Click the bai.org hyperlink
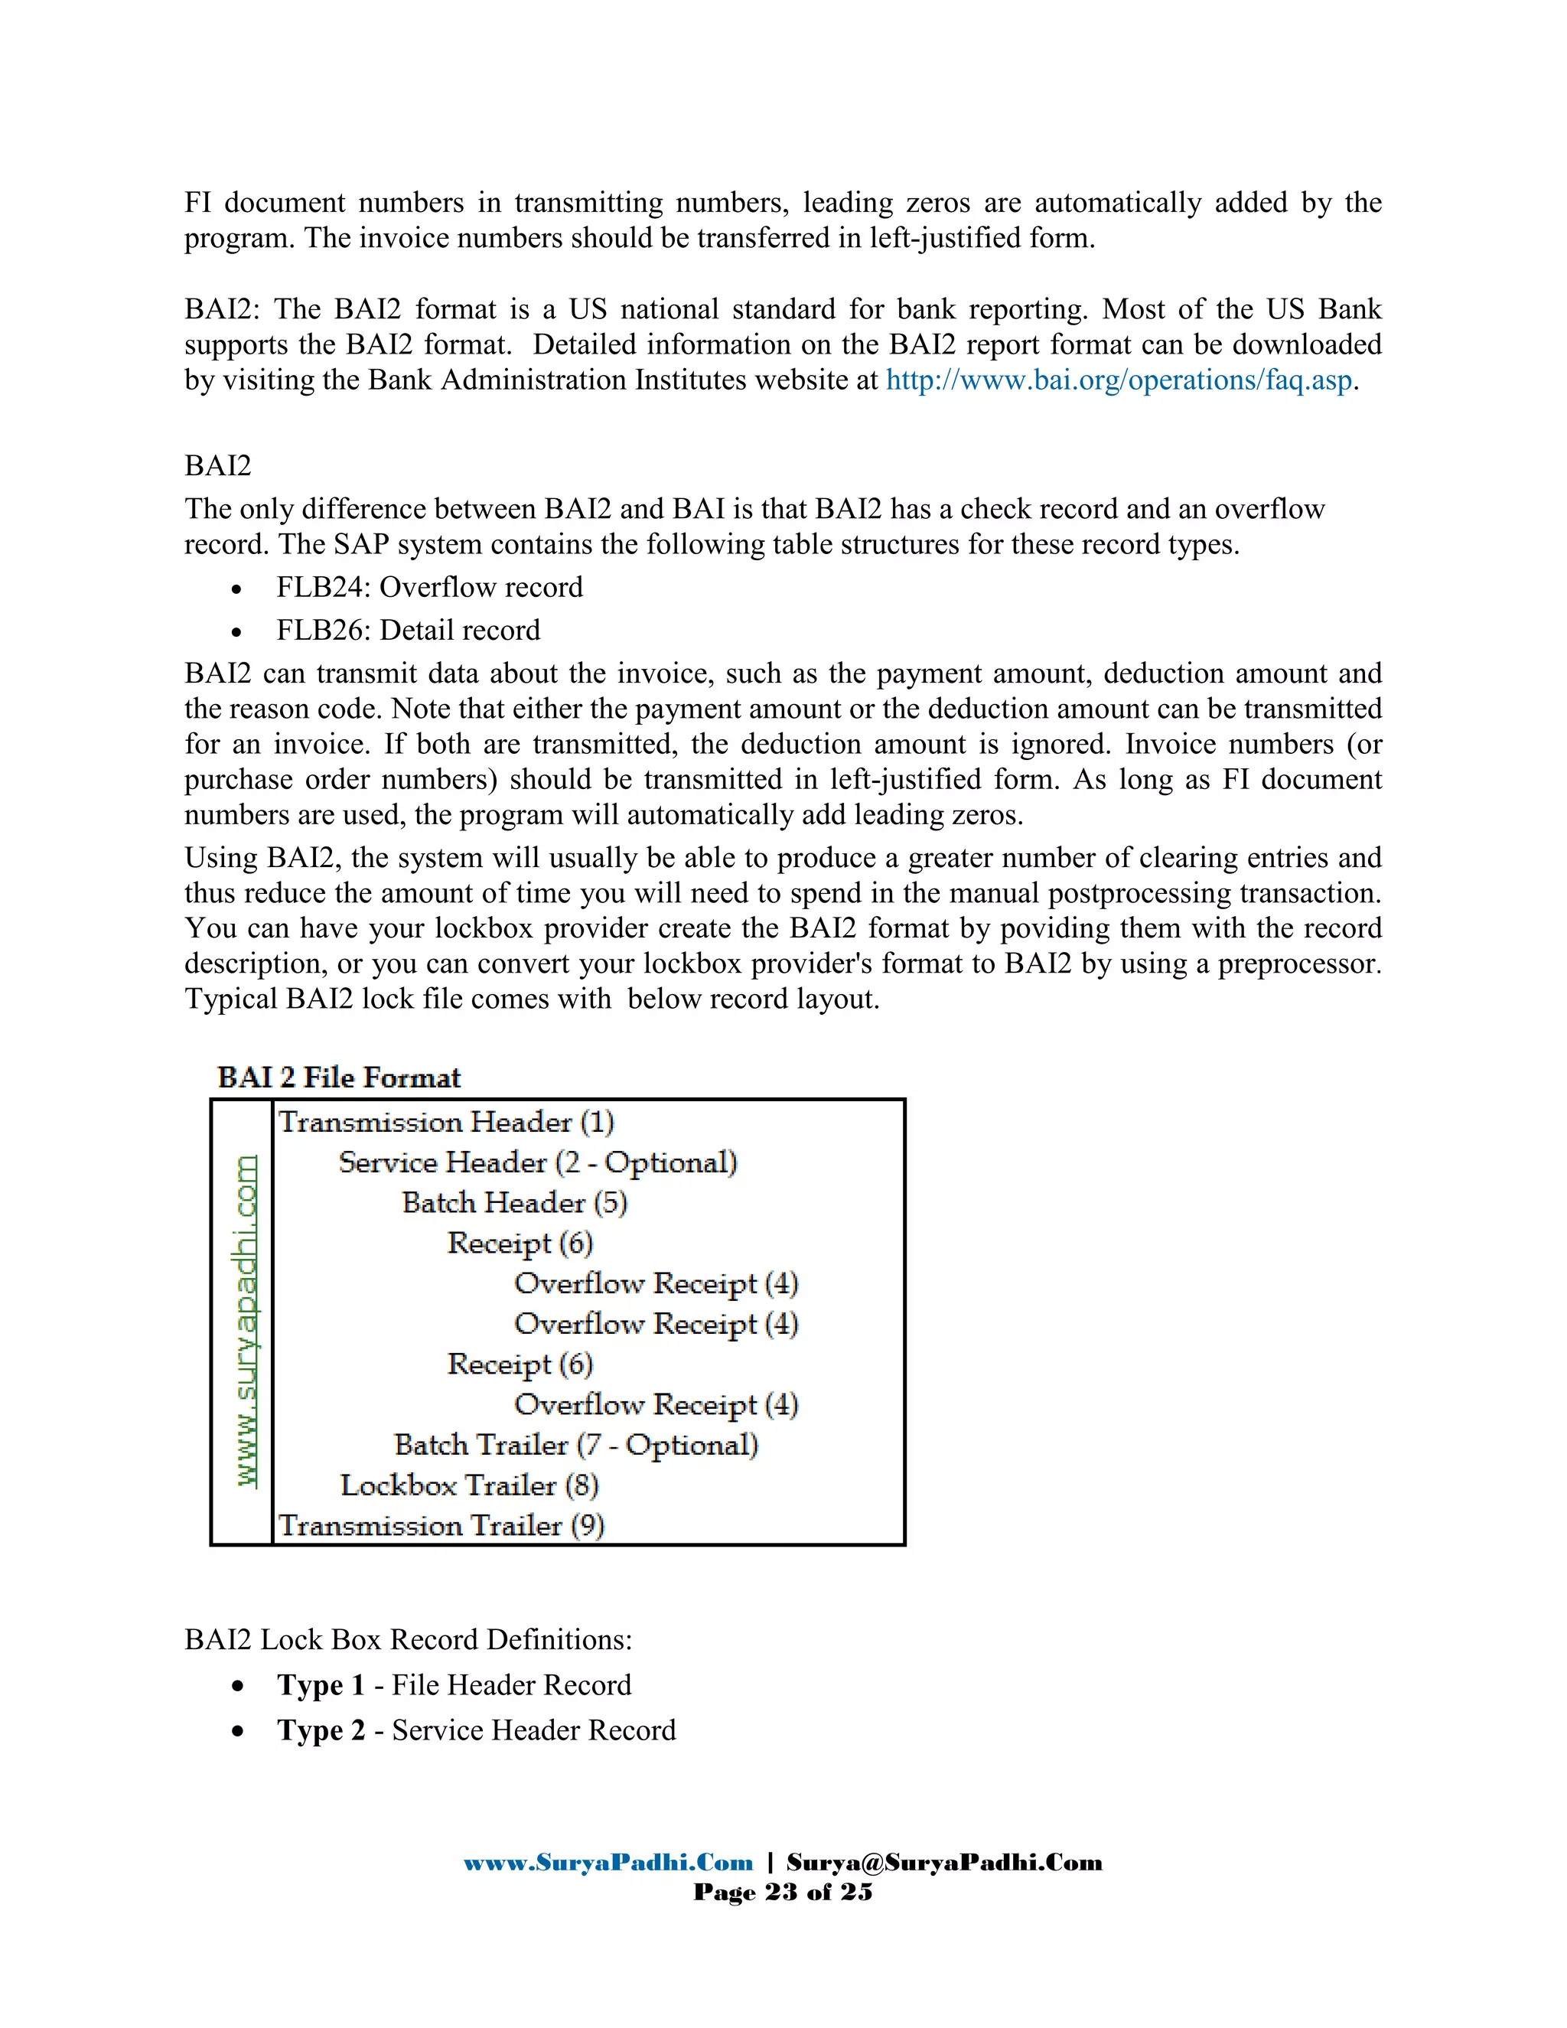(1119, 380)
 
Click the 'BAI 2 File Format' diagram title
(339, 1078)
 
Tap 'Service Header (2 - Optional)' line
(537, 1163)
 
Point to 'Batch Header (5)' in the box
(514, 1204)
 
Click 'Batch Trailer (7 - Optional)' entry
(575, 1446)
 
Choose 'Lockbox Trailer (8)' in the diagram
(469, 1485)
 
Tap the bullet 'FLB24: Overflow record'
(429, 588)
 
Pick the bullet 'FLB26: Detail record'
(408, 631)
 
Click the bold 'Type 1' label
(321, 1685)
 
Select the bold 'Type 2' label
(321, 1731)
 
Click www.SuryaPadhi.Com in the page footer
(608, 1863)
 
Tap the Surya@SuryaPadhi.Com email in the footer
(944, 1863)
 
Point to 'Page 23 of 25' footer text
(783, 1893)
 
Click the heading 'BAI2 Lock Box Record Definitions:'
(408, 1640)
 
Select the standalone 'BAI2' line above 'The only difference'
(217, 466)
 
